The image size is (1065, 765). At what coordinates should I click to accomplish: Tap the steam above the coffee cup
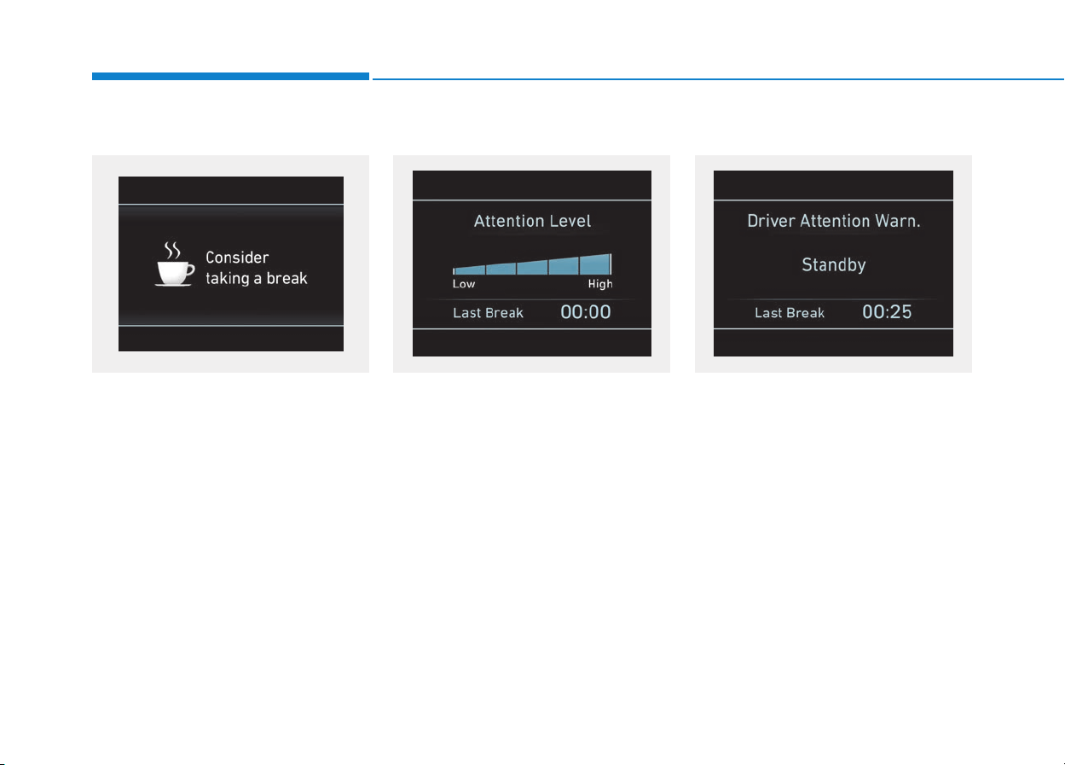172,250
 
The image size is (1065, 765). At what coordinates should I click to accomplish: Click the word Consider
237,258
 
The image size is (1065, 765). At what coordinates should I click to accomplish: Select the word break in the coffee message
287,278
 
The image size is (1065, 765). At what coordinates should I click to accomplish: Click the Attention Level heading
532,221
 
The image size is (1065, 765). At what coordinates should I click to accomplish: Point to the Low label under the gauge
464,284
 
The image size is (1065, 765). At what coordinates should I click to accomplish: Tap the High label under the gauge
600,284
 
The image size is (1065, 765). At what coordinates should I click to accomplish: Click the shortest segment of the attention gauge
470,270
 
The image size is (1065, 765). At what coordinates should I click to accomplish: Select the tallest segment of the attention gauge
595,264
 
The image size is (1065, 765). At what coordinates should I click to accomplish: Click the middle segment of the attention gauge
532,268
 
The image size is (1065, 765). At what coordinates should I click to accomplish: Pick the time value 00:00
585,312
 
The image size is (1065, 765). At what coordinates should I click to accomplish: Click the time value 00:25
887,312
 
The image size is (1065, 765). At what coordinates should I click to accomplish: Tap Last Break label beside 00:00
488,313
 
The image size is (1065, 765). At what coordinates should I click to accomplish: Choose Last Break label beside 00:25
790,313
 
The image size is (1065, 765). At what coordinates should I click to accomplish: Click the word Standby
833,265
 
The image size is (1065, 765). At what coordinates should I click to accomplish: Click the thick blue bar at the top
230,76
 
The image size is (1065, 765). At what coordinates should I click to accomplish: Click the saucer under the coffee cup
173,285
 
